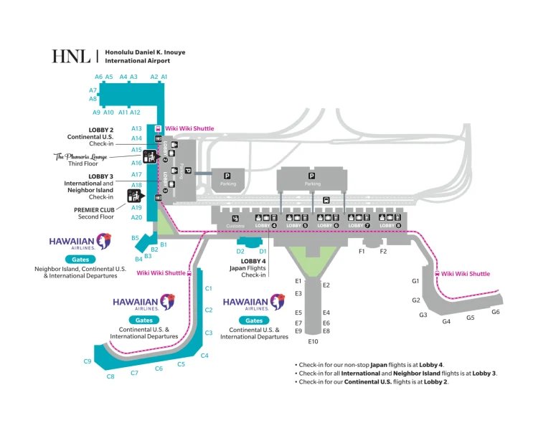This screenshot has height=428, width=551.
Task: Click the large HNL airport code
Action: tap(70, 57)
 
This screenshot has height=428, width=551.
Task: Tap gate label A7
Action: tap(93, 90)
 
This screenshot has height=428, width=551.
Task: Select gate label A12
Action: tap(135, 113)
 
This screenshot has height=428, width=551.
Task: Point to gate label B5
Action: tap(134, 237)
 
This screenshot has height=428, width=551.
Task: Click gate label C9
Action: tap(88, 361)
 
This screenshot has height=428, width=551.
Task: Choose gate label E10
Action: tap(314, 341)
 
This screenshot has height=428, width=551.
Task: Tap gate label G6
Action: tap(496, 312)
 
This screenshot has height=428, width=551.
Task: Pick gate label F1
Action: tap(362, 252)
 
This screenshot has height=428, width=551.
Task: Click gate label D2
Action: tap(241, 252)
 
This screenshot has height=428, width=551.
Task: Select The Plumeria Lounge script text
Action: tap(79, 156)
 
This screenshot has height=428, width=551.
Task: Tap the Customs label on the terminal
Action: tap(235, 226)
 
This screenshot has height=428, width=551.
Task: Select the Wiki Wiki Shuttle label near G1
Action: tap(466, 274)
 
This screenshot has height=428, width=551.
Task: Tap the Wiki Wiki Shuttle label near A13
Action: tap(189, 128)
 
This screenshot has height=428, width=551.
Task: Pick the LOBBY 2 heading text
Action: tap(101, 130)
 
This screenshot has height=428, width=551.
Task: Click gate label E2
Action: tap(326, 285)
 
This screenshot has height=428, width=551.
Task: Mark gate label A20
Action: tap(137, 217)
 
